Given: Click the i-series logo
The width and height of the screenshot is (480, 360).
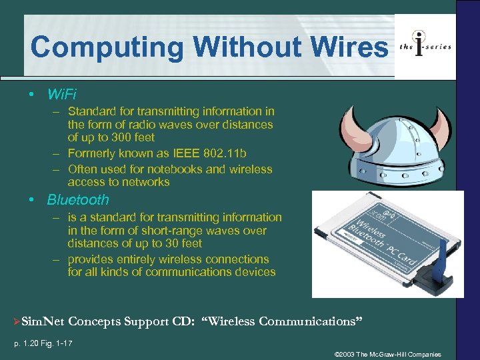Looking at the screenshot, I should (x=425, y=45).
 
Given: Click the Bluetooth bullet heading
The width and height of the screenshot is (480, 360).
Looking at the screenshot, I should (x=77, y=200).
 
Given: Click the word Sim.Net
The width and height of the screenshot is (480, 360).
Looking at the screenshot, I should (x=43, y=322).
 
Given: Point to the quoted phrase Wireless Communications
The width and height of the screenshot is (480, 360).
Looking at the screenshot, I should (x=286, y=322).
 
